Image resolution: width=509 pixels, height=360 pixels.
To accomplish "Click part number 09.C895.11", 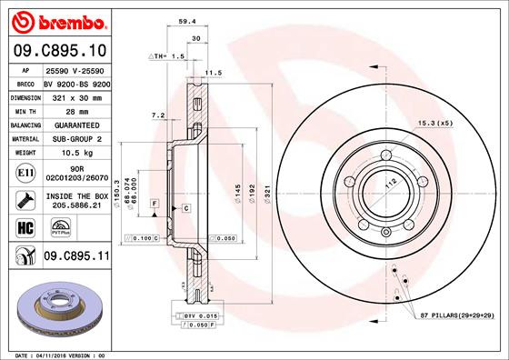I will (x=76, y=257).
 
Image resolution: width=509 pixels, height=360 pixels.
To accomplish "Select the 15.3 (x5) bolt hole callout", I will (x=435, y=122).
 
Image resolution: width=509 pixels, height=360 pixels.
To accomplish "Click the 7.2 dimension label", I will (x=155, y=115).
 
